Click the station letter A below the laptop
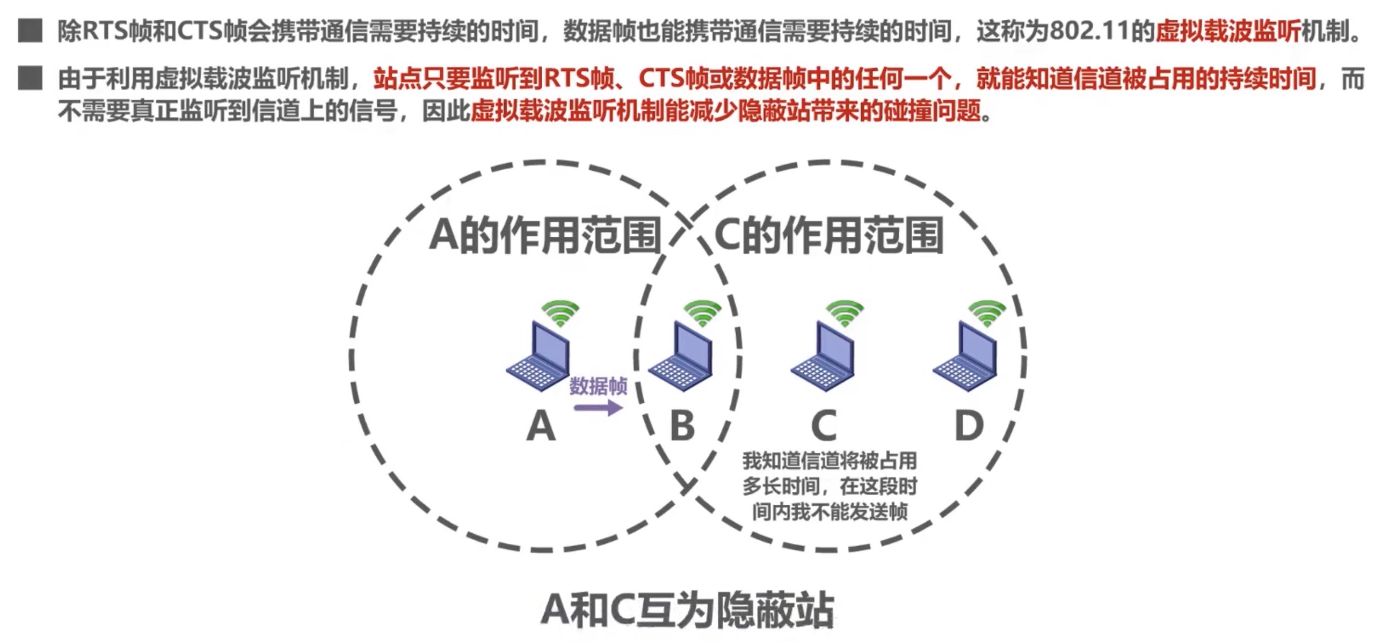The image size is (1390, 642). point(540,426)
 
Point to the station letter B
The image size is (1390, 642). point(683,426)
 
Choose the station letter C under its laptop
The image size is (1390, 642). point(824,426)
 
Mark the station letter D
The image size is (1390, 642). point(969,426)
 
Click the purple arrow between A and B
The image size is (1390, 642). point(599,408)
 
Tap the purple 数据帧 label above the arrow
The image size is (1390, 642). point(598,387)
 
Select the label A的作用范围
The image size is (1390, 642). point(545,235)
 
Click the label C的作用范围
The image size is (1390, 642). point(829,235)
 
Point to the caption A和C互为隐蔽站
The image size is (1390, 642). point(687,610)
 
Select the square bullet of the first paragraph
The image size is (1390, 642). point(30,31)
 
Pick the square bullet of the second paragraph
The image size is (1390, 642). point(30,78)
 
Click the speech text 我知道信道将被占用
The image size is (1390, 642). point(829,461)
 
